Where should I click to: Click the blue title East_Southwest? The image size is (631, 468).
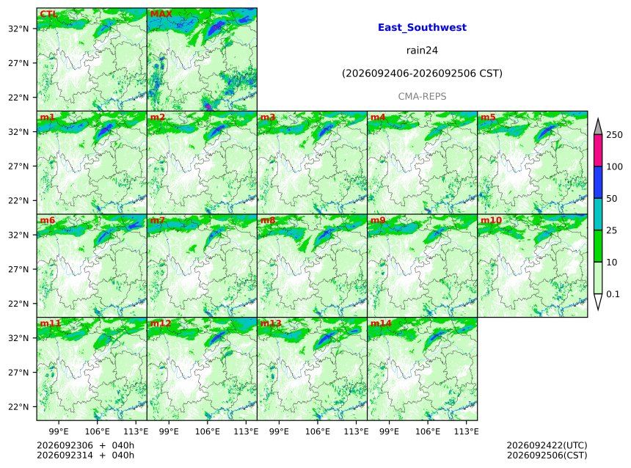[422, 27]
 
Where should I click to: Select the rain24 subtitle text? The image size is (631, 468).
[422, 51]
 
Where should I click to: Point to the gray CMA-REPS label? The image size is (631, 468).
[422, 97]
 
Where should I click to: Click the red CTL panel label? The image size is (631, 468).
[48, 14]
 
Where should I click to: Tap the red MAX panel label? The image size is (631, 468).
[161, 14]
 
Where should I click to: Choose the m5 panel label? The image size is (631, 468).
[488, 117]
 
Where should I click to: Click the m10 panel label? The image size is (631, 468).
[491, 220]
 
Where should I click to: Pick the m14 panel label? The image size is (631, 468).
[381, 323]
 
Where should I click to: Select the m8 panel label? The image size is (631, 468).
[268, 220]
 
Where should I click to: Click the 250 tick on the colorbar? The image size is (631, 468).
[614, 135]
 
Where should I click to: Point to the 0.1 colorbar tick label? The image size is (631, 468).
[613, 294]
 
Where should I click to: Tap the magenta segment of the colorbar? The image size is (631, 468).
[598, 150]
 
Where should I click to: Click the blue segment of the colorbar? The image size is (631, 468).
[598, 183]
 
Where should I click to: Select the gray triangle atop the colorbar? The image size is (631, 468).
[598, 127]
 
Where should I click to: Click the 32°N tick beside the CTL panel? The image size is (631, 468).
[18, 29]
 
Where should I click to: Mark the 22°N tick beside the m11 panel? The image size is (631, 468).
[18, 407]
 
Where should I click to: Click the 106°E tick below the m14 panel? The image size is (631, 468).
[427, 431]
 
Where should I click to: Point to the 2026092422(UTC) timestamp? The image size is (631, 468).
[547, 445]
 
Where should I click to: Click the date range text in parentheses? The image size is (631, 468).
[422, 73]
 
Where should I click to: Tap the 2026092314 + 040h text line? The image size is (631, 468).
[85, 455]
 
